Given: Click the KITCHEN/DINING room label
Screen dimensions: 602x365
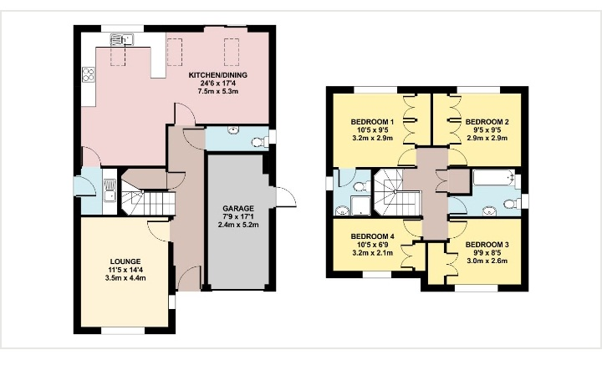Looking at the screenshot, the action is pyautogui.click(x=217, y=75).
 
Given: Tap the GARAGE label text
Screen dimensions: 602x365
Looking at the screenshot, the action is pyautogui.click(x=238, y=209).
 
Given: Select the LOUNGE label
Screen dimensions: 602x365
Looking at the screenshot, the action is pyautogui.click(x=125, y=262).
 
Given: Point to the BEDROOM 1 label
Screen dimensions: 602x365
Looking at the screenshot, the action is pyautogui.click(x=372, y=122).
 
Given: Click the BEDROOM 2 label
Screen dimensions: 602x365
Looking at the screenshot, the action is pyautogui.click(x=487, y=122).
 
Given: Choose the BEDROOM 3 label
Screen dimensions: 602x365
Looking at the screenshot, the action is pyautogui.click(x=487, y=245).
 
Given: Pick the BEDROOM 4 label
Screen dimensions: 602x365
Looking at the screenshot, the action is pyautogui.click(x=372, y=236).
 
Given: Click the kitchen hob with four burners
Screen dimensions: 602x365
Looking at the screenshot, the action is pyautogui.click(x=89, y=74).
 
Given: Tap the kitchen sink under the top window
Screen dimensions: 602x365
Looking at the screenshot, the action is pyautogui.click(x=121, y=39).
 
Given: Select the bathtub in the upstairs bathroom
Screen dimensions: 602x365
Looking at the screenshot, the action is pyautogui.click(x=494, y=178).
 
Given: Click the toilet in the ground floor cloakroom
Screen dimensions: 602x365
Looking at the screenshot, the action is pyautogui.click(x=260, y=142).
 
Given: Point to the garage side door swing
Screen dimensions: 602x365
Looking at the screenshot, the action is pyautogui.click(x=286, y=197).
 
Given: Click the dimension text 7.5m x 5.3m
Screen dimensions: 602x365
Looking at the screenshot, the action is pyautogui.click(x=217, y=91).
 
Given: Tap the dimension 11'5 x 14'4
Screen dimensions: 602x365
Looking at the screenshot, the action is pyautogui.click(x=125, y=270).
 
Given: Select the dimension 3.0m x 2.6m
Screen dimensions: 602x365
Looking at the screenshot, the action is pyautogui.click(x=487, y=261).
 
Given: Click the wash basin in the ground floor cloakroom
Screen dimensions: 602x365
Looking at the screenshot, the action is pyautogui.click(x=233, y=130).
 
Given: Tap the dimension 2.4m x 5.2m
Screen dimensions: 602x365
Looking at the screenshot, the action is pyautogui.click(x=238, y=225).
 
